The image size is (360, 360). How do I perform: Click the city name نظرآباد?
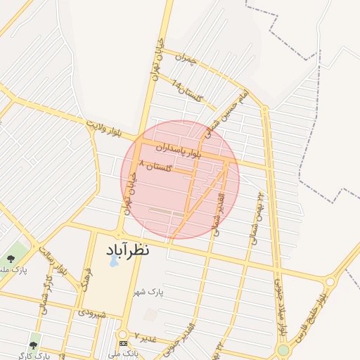[x=129, y=250]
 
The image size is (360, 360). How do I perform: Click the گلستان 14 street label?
[x=186, y=91]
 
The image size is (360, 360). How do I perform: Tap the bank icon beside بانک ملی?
[x=124, y=343]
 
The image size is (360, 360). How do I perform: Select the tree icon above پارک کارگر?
[x=33, y=345]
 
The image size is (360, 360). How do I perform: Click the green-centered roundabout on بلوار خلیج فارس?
[x=283, y=349]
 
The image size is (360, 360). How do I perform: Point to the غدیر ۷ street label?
[x=146, y=338]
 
